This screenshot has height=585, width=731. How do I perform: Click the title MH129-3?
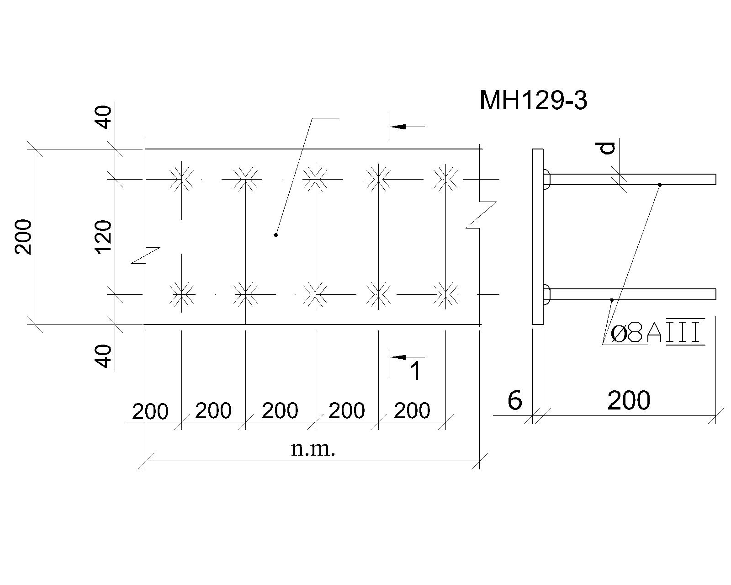point(533,100)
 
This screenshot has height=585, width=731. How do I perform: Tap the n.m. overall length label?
point(313,449)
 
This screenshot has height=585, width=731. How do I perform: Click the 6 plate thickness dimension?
point(514,400)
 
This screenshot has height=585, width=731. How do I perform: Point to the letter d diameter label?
point(606,148)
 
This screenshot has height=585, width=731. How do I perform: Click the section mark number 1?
point(415,371)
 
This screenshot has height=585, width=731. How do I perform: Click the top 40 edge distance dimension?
point(104,117)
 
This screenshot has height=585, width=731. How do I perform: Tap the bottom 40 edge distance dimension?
point(104,356)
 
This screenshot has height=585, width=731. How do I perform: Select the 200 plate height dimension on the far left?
point(23,237)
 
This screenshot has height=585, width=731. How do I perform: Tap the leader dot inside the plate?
point(276,235)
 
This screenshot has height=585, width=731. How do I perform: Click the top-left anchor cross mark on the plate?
point(182,179)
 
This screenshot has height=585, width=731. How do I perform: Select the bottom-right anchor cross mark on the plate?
point(445,294)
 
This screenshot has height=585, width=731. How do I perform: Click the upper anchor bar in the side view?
point(632,179)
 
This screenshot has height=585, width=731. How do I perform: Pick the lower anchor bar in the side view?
point(632,294)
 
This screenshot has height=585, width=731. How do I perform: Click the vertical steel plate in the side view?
point(538,237)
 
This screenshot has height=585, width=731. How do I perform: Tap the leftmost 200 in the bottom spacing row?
point(150,412)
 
